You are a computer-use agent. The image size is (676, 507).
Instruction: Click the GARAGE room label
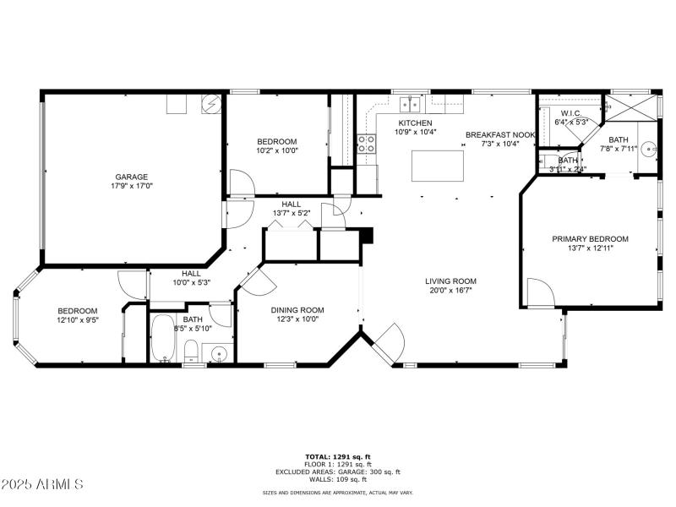(131, 177)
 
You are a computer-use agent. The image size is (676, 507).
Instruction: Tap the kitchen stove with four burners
(367, 144)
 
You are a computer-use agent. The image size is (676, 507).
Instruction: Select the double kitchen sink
(411, 104)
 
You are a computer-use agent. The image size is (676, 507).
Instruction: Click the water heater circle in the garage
(212, 104)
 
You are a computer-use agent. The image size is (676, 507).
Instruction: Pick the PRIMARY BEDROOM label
(590, 239)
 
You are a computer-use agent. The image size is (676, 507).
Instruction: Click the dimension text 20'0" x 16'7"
(450, 292)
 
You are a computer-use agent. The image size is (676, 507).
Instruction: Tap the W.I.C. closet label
(571, 112)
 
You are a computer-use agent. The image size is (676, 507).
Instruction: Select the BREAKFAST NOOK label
(499, 134)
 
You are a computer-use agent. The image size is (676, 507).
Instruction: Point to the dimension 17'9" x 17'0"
(131, 187)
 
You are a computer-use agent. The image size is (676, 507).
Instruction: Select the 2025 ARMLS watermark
(42, 484)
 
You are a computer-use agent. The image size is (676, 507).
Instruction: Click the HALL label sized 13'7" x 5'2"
(292, 204)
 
